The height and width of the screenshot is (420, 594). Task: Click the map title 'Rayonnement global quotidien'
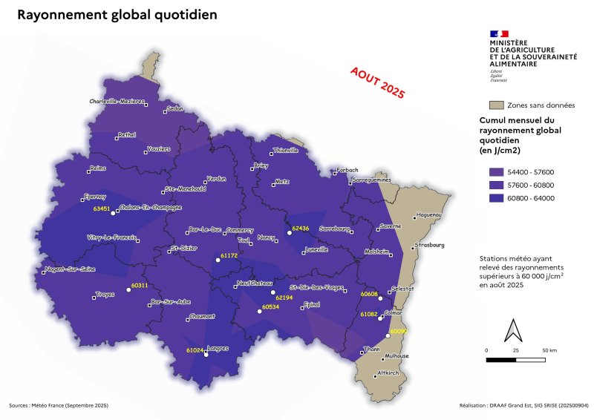[x=117, y=15]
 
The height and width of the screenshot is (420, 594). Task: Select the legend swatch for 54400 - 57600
[x=498, y=172]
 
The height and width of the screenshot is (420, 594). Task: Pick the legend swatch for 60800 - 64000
[x=498, y=198]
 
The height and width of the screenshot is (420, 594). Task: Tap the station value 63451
[x=102, y=209]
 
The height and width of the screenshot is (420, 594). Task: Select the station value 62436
[x=300, y=228]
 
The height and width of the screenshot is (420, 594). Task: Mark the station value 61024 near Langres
[x=195, y=349]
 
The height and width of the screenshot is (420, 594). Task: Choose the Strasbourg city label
[x=430, y=244]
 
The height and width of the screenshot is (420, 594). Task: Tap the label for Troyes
[x=105, y=295]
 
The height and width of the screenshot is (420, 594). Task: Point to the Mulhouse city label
[x=396, y=356]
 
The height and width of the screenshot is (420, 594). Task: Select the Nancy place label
[x=266, y=237]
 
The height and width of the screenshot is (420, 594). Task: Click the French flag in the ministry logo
[x=498, y=33]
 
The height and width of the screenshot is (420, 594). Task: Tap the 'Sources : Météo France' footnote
[x=59, y=406]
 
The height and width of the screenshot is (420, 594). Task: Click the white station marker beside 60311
[x=128, y=290]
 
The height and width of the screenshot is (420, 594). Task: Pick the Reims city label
[x=97, y=168]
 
